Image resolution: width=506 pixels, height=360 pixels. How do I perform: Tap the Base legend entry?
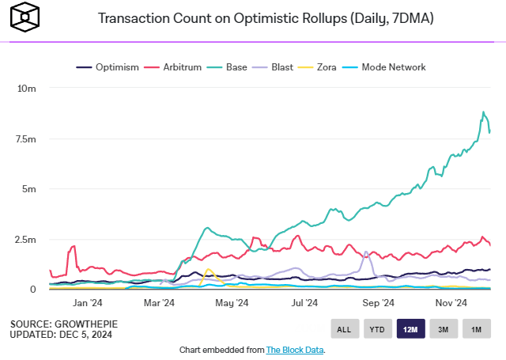[233, 67]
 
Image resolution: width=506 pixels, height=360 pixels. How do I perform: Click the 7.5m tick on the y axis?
[26, 139]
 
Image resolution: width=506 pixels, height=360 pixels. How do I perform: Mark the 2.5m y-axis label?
[26, 239]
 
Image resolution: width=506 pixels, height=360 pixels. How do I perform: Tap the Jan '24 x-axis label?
[87, 302]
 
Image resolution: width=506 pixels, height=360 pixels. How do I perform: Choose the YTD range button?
[376, 329]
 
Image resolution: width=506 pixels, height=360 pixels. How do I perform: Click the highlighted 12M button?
[410, 329]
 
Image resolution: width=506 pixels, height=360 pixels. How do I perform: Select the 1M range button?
[476, 329]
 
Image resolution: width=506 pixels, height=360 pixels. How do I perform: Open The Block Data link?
[294, 349]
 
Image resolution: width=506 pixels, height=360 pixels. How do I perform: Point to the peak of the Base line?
[483, 112]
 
